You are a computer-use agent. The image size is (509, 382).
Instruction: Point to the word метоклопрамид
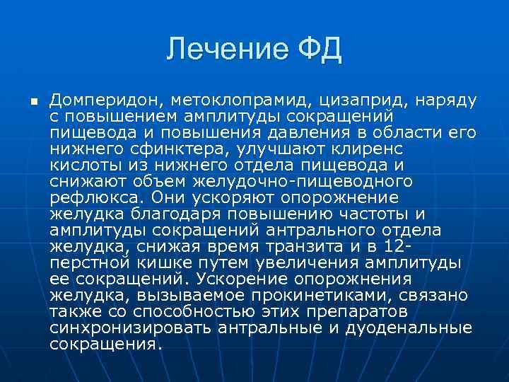tap(233, 100)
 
